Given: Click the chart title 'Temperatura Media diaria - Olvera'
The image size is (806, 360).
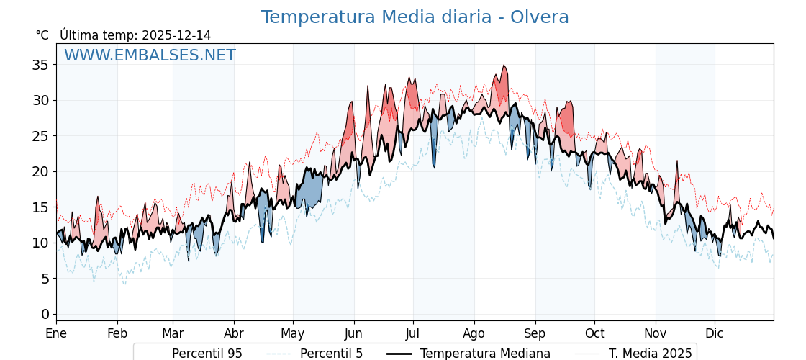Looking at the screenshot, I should point(415,17).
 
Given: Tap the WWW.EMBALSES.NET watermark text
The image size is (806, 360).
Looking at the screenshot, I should point(150,55).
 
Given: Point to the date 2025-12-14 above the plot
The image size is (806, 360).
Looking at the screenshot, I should point(176,35).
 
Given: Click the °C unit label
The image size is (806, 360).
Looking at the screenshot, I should point(42,35).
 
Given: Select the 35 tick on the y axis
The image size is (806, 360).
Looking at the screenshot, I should point(41,65).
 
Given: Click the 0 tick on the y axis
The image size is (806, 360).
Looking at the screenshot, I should point(45,314).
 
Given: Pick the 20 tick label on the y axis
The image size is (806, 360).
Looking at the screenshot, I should point(41,171).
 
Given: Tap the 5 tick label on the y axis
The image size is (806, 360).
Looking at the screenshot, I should point(45,279).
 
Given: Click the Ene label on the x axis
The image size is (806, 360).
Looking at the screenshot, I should point(56,333).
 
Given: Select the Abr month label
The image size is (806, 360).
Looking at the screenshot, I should point(234,333).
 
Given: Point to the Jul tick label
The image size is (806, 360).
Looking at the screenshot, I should point(413,333).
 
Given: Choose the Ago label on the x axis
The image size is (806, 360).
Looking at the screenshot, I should point(474,333).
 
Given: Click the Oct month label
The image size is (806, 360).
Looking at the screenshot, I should point(594,333).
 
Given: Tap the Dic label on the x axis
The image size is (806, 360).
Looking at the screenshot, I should point(715,333).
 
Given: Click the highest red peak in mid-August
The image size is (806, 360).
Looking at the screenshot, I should point(504,66).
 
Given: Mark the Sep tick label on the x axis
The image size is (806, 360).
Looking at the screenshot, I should point(535,333).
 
